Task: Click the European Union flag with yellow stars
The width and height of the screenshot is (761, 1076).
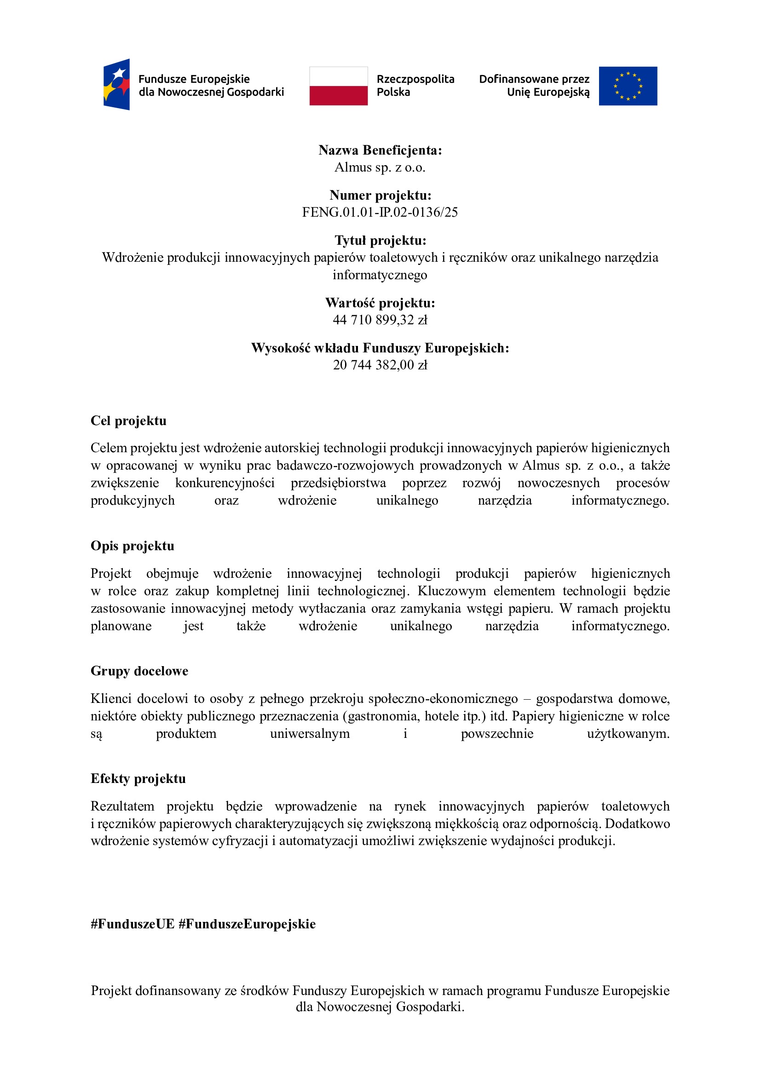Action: pyautogui.click(x=628, y=86)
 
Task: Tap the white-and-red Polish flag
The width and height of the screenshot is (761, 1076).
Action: pyautogui.click(x=338, y=86)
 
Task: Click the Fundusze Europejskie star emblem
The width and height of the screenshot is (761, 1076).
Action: pyautogui.click(x=117, y=84)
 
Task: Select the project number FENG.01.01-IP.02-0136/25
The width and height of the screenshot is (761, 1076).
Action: pyautogui.click(x=380, y=212)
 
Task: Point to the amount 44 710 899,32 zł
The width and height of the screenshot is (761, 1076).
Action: pyautogui.click(x=380, y=320)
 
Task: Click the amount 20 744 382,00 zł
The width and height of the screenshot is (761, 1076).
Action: pyautogui.click(x=380, y=365)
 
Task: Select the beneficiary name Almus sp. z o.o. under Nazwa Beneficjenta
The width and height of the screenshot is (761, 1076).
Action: pyautogui.click(x=380, y=167)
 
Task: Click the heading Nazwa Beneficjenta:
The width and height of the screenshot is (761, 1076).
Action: pyautogui.click(x=380, y=150)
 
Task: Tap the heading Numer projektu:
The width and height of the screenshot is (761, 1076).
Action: pyautogui.click(x=380, y=195)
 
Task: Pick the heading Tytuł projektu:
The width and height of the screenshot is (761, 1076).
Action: pyautogui.click(x=380, y=241)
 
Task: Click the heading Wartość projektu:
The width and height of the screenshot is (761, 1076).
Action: pyautogui.click(x=380, y=303)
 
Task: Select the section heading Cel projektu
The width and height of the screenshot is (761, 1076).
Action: pyautogui.click(x=128, y=421)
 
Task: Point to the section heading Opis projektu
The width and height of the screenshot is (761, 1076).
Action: pyautogui.click(x=132, y=546)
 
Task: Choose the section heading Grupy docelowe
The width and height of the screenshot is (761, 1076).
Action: pyautogui.click(x=139, y=671)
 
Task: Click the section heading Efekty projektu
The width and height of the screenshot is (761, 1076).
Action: pyautogui.click(x=138, y=778)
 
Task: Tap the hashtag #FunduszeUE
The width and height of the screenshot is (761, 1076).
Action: pyautogui.click(x=133, y=924)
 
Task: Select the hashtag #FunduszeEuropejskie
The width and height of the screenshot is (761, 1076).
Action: pyautogui.click(x=247, y=924)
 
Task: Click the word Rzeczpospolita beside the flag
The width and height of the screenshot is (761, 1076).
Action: pyautogui.click(x=415, y=79)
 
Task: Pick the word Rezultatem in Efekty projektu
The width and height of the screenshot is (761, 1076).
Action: pyautogui.click(x=122, y=806)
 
